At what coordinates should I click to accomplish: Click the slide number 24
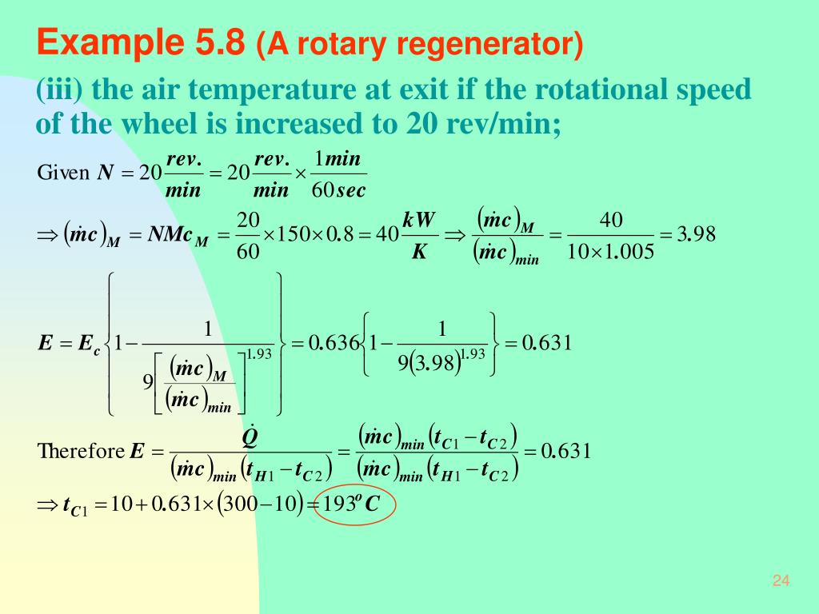coord(781,581)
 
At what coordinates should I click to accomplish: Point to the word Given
coord(63,173)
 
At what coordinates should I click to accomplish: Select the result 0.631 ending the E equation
coord(548,344)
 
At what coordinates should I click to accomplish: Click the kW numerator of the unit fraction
coord(419,219)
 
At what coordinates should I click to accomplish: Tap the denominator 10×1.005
coord(611,253)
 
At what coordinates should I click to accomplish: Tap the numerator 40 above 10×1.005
coord(611,219)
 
